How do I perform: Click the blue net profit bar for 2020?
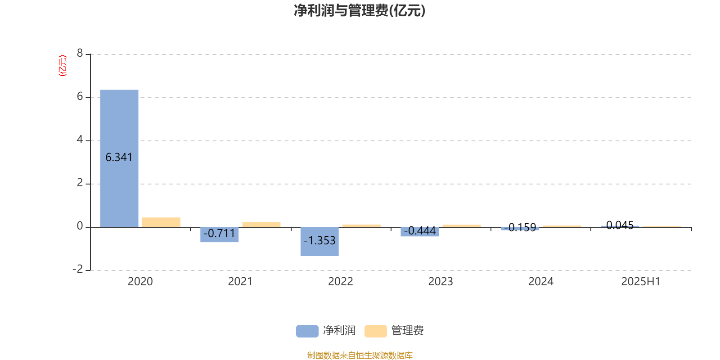click(119, 158)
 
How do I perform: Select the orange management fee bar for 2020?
click(162, 222)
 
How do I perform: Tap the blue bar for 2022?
click(319, 242)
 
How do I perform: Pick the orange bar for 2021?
click(261, 225)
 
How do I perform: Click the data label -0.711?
click(220, 234)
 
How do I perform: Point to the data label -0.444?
click(420, 231)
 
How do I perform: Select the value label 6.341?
click(119, 157)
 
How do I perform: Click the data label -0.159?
click(520, 228)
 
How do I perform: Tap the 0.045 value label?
click(620, 225)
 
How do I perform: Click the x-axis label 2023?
click(441, 282)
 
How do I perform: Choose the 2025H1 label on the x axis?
click(641, 282)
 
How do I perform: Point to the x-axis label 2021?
click(240, 282)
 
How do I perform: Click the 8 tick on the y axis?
click(80, 53)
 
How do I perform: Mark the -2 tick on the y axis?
click(78, 269)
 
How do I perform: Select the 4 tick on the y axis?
click(80, 139)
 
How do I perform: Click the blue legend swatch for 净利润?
click(307, 331)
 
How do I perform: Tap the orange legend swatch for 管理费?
click(375, 331)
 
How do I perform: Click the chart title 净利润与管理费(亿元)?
click(360, 11)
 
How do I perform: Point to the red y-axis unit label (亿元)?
click(63, 66)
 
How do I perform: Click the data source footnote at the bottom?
click(360, 355)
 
